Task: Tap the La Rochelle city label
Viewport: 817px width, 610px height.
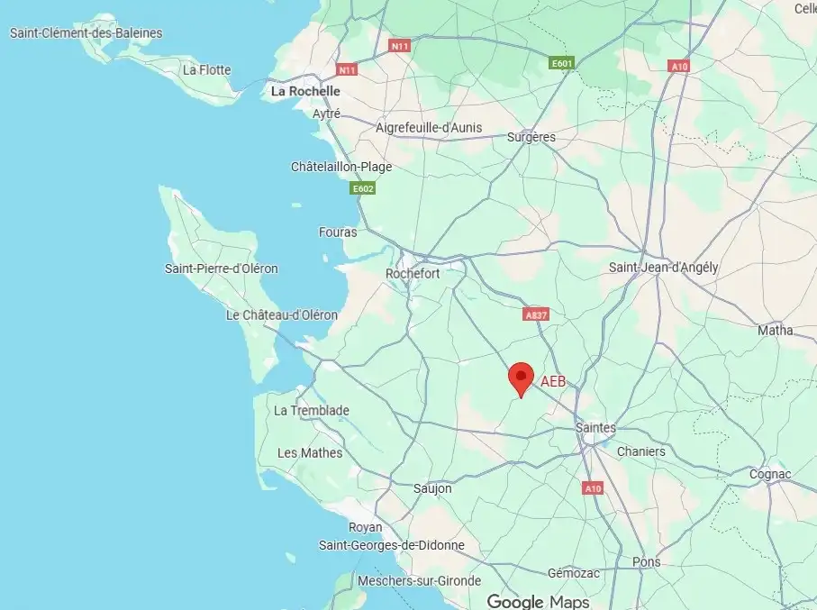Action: (x=305, y=91)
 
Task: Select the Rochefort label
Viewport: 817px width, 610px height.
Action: (x=413, y=273)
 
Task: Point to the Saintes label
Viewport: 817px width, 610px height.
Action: (x=596, y=428)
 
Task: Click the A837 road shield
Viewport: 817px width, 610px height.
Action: (x=535, y=314)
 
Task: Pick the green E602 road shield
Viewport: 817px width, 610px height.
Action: (x=363, y=188)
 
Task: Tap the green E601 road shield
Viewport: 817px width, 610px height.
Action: (x=562, y=63)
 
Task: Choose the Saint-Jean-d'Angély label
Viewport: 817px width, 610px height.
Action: (x=664, y=268)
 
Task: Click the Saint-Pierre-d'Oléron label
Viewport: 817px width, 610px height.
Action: (x=222, y=269)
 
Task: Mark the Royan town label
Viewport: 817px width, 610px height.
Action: (x=365, y=527)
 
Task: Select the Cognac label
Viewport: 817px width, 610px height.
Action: (x=770, y=474)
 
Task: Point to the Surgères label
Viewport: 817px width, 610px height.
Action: (x=531, y=138)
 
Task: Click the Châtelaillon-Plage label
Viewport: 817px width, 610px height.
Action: (x=341, y=167)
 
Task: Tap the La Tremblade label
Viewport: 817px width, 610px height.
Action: (x=312, y=411)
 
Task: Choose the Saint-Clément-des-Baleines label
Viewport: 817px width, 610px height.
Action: (x=86, y=33)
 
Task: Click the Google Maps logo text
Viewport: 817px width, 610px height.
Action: (x=538, y=601)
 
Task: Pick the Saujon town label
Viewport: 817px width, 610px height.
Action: (x=432, y=488)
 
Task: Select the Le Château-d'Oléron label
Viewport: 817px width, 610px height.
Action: (x=282, y=315)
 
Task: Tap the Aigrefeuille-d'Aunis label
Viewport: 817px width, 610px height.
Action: (x=429, y=129)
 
